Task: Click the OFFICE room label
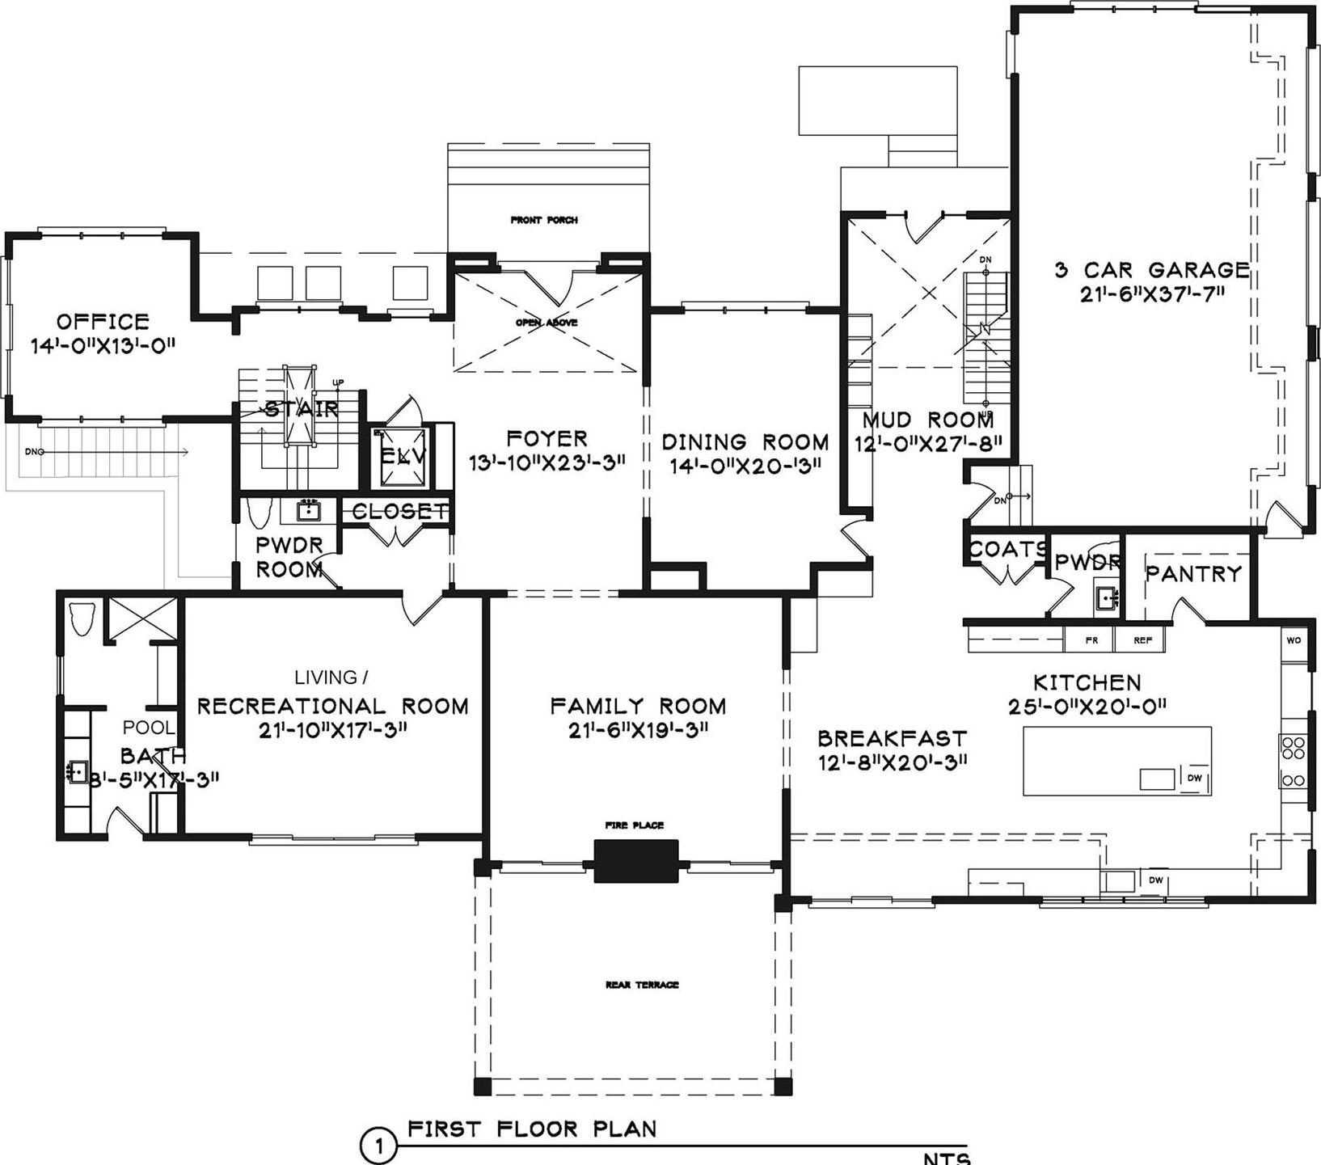103,321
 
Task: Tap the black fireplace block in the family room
636,860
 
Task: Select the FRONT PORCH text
544,220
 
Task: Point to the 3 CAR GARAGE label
1152,270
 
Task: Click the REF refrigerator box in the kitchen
1142,640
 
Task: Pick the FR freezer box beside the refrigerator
1091,640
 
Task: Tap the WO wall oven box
1294,640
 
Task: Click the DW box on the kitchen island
1195,779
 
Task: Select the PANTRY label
1193,574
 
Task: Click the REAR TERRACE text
642,985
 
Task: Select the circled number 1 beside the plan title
378,1146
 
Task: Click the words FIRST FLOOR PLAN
532,1129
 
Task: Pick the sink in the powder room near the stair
308,511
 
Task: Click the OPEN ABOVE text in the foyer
547,323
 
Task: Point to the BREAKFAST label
892,739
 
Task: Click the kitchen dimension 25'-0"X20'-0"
1087,707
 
